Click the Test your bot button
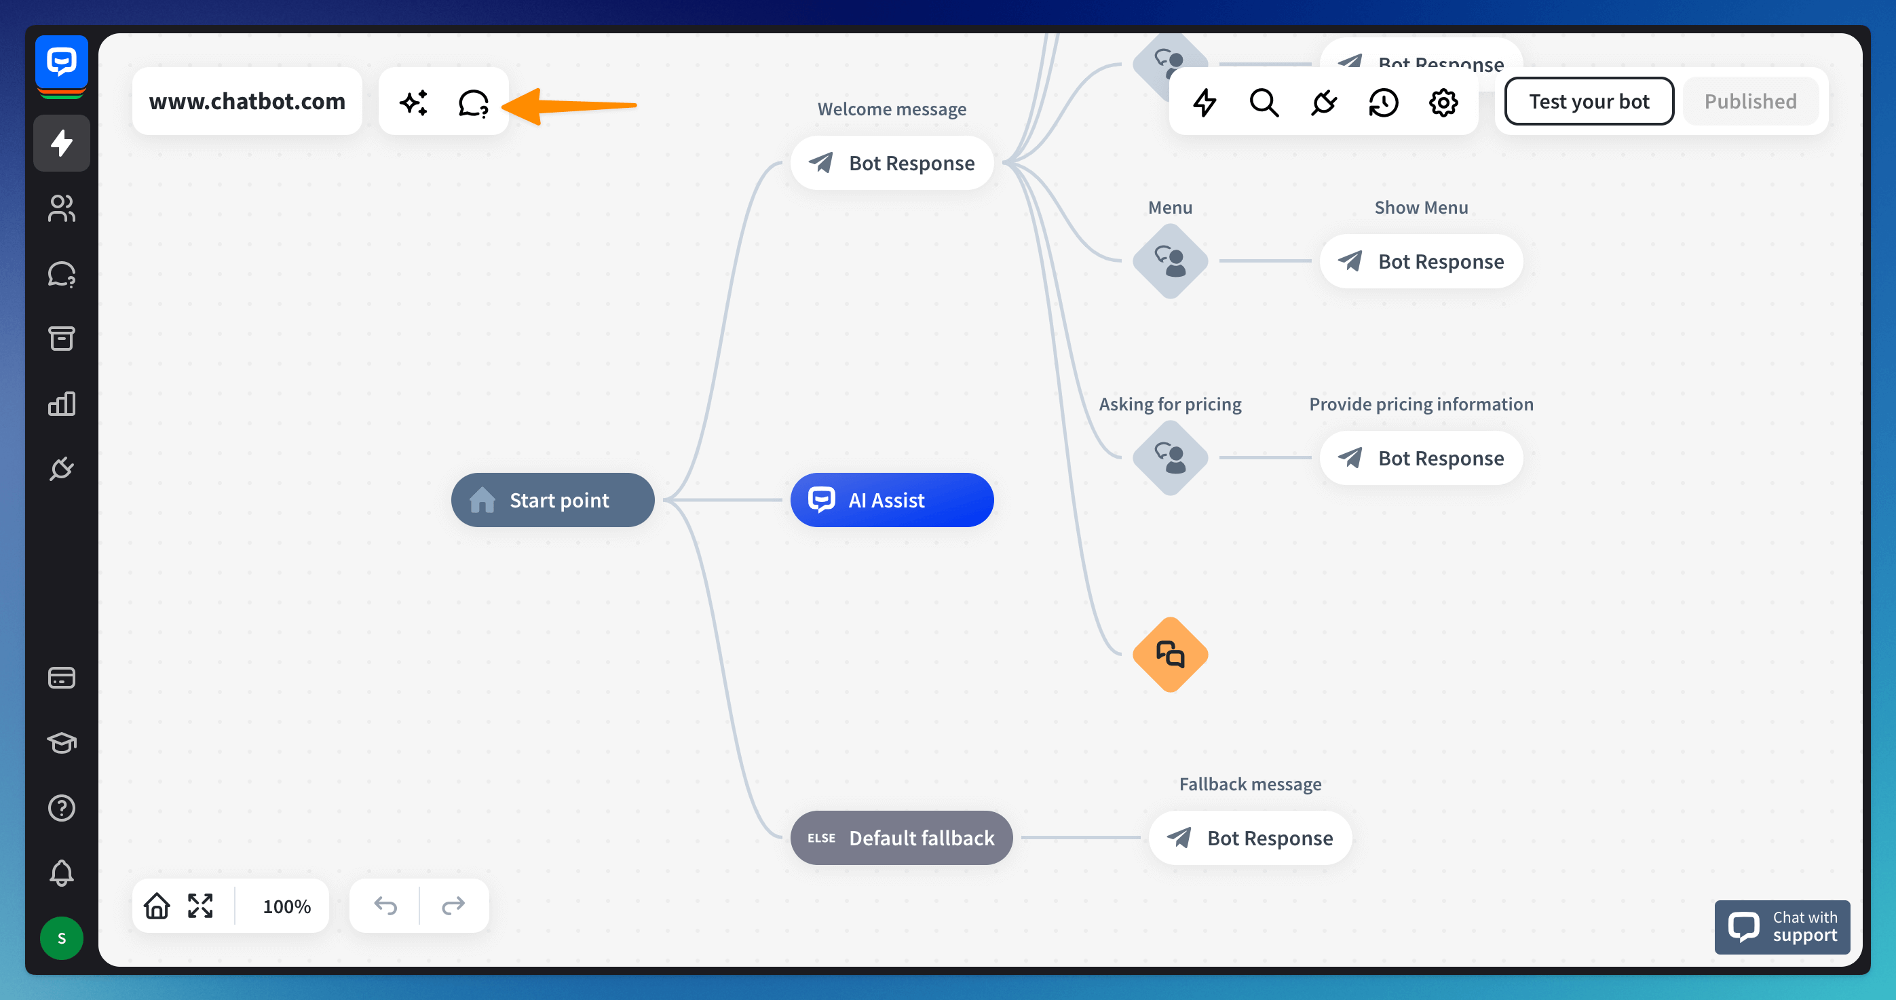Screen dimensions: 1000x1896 tap(1589, 102)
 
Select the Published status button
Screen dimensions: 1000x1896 tap(1749, 102)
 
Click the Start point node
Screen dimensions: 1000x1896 tap(553, 501)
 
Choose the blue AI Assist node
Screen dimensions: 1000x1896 tap(891, 501)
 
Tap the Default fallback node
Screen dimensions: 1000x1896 tap(901, 838)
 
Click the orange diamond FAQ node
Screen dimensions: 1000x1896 tap(1169, 654)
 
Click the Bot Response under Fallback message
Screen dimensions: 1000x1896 tap(1250, 838)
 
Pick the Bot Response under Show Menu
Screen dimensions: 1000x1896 tap(1420, 261)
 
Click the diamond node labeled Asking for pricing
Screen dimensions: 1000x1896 tap(1169, 458)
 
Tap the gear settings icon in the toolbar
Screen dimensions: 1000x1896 tap(1443, 102)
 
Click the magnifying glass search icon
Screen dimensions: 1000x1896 tap(1264, 102)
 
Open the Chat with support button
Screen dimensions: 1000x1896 tap(1782, 927)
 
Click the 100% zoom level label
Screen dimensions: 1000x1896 tap(286, 906)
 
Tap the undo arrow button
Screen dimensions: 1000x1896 tap(385, 906)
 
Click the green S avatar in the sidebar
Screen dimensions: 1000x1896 tap(62, 938)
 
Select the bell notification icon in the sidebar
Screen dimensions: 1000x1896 tap(62, 872)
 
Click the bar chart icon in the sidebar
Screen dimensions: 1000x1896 tap(62, 404)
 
